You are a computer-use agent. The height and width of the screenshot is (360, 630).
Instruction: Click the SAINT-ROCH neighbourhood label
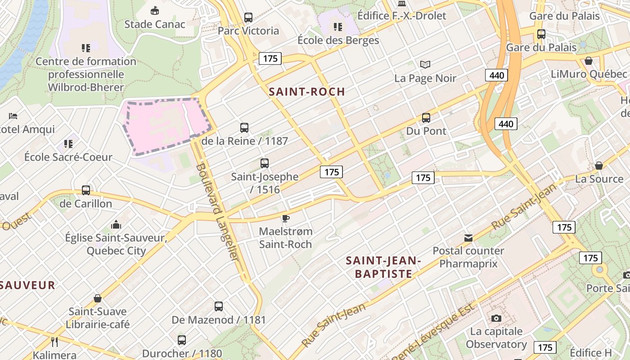307,92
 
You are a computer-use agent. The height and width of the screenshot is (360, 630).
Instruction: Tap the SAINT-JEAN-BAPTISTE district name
383,267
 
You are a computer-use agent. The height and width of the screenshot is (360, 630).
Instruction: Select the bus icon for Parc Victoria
248,18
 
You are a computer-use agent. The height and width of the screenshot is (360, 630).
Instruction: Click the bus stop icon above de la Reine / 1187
244,128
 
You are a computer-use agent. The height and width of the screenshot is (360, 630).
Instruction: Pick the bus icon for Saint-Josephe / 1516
265,163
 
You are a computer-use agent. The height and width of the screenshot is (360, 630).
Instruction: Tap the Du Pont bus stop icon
426,118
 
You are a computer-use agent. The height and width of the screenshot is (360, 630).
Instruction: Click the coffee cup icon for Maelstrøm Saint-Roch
285,219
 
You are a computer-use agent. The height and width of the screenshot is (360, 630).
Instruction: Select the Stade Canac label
155,24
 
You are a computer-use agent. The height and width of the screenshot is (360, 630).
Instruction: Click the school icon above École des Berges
338,27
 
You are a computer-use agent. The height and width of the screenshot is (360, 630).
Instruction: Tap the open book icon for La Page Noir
425,65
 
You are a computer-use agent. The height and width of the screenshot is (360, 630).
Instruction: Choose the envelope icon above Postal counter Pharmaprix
468,238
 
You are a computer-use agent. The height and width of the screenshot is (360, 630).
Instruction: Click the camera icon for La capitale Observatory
496,319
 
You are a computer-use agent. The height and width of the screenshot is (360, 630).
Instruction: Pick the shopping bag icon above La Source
599,166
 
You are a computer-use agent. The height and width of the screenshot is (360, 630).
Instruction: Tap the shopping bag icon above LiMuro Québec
589,61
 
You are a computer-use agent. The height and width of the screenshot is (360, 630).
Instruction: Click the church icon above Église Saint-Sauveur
116,224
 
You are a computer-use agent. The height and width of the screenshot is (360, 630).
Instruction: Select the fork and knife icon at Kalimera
54,342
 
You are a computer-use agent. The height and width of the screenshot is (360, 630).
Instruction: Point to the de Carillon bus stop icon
86,190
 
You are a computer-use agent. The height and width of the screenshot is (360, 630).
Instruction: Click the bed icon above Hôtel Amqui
13,116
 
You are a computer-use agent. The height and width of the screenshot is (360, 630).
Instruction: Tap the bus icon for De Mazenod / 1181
219,306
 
